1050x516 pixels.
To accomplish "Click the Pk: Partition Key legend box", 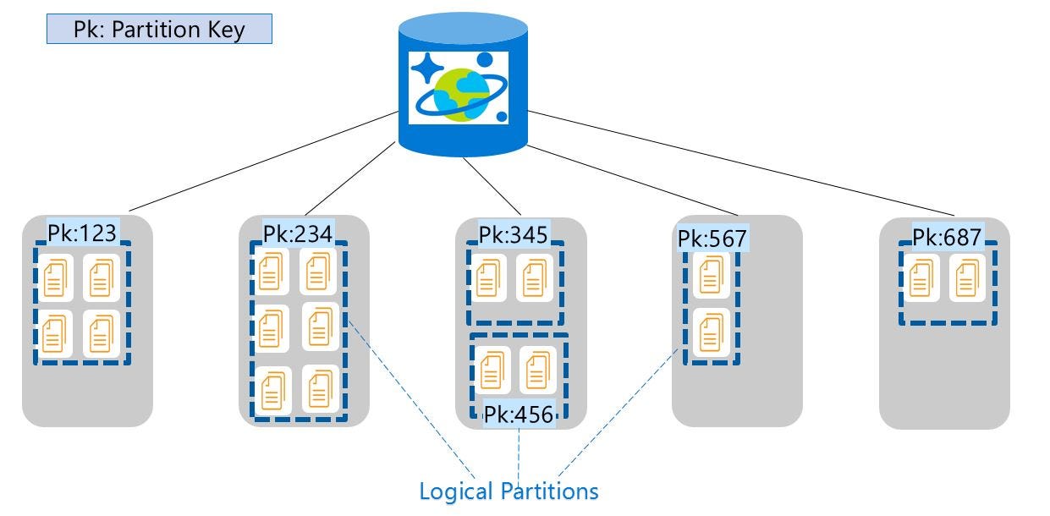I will click(159, 29).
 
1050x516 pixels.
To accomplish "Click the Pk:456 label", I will click(519, 415).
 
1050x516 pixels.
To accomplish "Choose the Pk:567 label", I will click(712, 239).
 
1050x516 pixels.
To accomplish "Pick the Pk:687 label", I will click(946, 238).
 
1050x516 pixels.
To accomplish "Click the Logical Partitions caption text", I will click(509, 491).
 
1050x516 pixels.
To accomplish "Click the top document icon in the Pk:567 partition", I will click(712, 274).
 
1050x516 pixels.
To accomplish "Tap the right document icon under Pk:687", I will click(965, 279).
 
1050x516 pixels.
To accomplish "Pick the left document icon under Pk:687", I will click(921, 279).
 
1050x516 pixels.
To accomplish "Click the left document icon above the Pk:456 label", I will click(493, 370).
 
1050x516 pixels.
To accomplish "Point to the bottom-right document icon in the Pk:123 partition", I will click(102, 333).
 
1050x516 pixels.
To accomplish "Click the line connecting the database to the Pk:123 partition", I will click(262, 162).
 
